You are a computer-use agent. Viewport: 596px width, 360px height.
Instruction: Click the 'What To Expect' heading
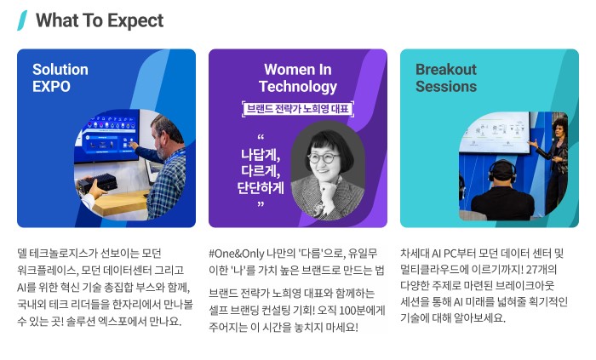click(x=99, y=20)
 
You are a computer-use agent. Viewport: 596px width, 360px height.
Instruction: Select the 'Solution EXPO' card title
click(x=60, y=77)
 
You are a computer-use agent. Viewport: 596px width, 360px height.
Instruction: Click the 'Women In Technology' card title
click(x=297, y=77)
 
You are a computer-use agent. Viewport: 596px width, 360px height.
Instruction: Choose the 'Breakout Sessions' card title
click(x=446, y=77)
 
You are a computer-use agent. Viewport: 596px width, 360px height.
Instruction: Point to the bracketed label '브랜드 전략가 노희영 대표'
click(x=297, y=109)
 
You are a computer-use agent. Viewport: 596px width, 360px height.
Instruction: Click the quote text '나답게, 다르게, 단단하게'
click(x=262, y=170)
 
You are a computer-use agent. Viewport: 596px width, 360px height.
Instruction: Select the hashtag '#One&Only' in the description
click(x=236, y=254)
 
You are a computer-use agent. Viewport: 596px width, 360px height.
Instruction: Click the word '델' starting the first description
click(x=22, y=254)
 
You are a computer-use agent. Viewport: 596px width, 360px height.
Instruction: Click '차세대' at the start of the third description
click(x=413, y=254)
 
